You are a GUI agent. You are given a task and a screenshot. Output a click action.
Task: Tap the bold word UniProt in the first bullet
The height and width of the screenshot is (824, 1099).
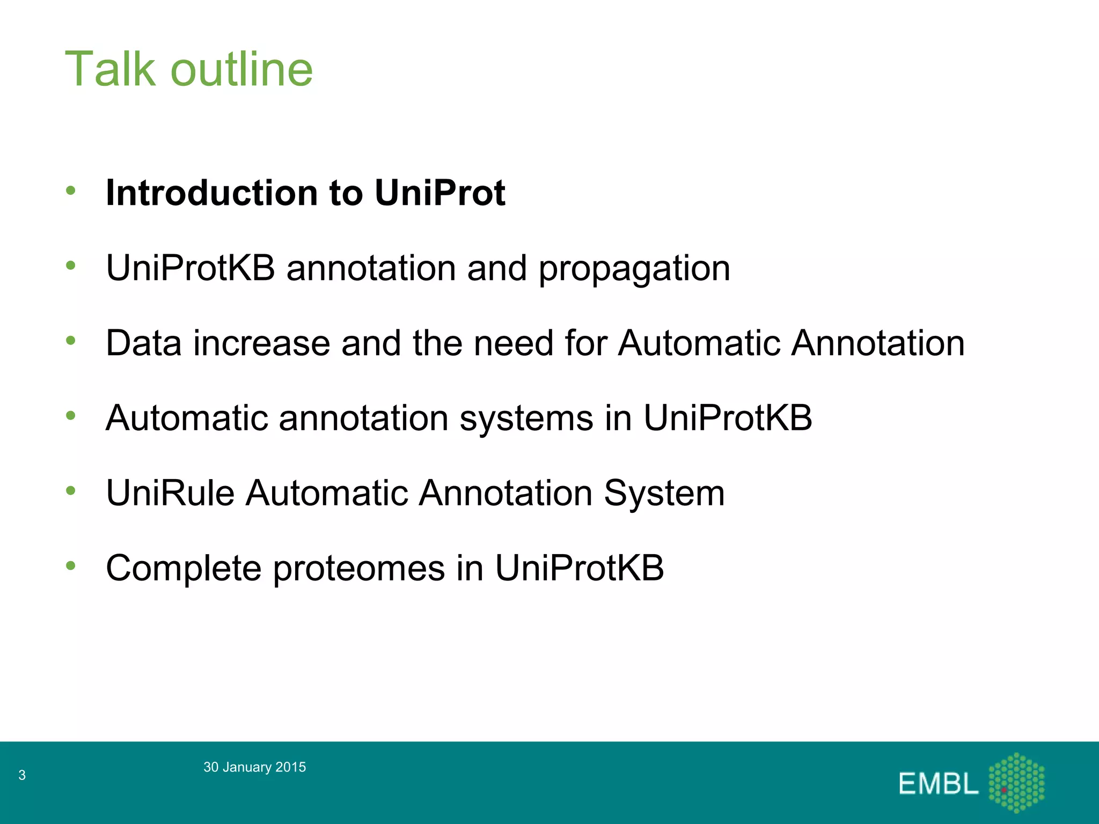point(439,193)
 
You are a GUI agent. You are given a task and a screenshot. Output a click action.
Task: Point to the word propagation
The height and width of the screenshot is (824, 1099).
point(634,269)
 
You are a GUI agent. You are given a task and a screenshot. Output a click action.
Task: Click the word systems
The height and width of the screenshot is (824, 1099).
point(526,418)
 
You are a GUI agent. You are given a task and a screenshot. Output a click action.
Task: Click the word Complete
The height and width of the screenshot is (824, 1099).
point(183,569)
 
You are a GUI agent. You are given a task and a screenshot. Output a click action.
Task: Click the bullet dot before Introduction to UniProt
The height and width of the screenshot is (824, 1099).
point(71,190)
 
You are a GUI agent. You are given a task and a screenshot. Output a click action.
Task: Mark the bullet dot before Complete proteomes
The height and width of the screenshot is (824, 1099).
point(71,565)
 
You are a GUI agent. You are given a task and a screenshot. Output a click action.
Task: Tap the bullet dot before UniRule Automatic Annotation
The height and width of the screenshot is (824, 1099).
point(71,490)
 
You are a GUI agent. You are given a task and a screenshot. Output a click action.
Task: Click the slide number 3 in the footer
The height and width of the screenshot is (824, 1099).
point(22,775)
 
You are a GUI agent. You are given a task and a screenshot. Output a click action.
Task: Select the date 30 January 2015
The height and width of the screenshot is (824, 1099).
point(254,767)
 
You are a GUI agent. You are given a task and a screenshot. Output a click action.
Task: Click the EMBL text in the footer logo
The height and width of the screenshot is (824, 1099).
point(938,784)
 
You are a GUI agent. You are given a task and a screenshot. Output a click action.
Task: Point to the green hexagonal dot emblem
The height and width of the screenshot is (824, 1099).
point(1016,782)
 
